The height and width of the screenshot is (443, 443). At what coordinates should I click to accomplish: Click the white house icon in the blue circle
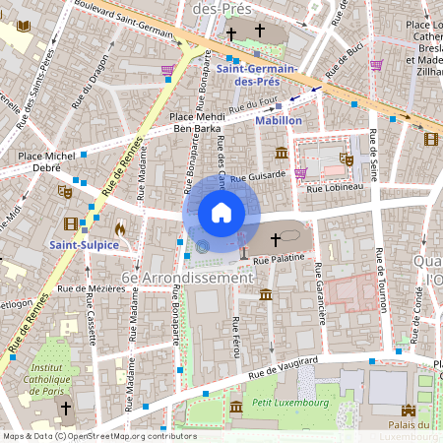[221, 212]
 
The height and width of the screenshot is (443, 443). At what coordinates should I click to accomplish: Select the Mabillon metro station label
[278, 120]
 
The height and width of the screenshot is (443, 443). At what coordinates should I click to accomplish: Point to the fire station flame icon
[120, 227]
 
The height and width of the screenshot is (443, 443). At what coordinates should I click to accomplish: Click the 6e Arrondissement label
[187, 279]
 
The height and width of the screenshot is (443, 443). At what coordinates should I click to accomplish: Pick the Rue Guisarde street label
[260, 174]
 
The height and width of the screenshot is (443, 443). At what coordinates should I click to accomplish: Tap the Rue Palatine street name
[275, 259]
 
